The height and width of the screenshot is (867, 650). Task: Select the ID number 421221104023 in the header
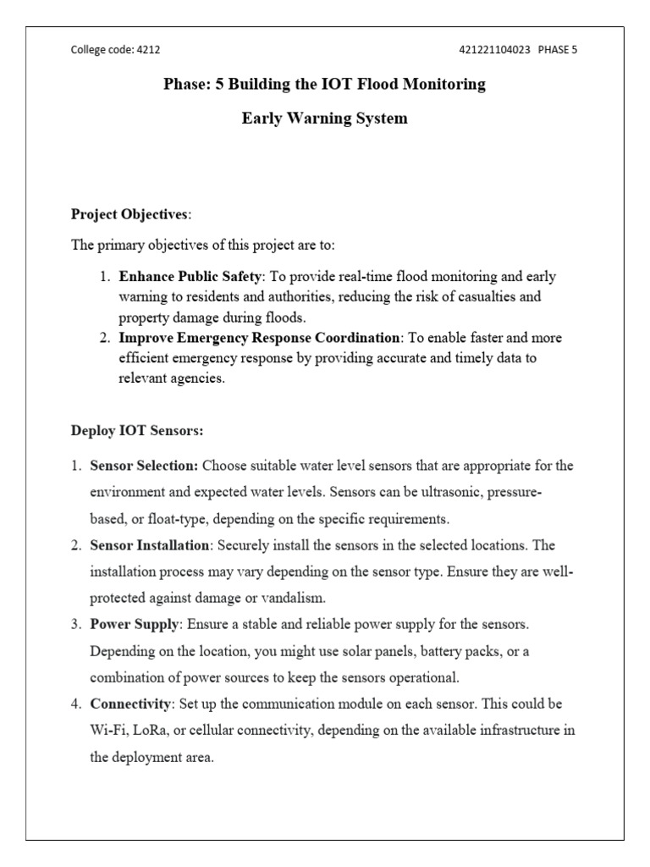494,50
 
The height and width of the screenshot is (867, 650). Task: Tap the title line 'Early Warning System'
324,119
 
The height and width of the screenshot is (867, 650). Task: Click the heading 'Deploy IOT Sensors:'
136,430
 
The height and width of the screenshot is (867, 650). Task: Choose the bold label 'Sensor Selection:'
144,466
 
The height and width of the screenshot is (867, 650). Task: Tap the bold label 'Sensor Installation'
149,546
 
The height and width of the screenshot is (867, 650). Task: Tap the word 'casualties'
487,298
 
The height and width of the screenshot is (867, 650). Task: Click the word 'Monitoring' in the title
442,85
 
